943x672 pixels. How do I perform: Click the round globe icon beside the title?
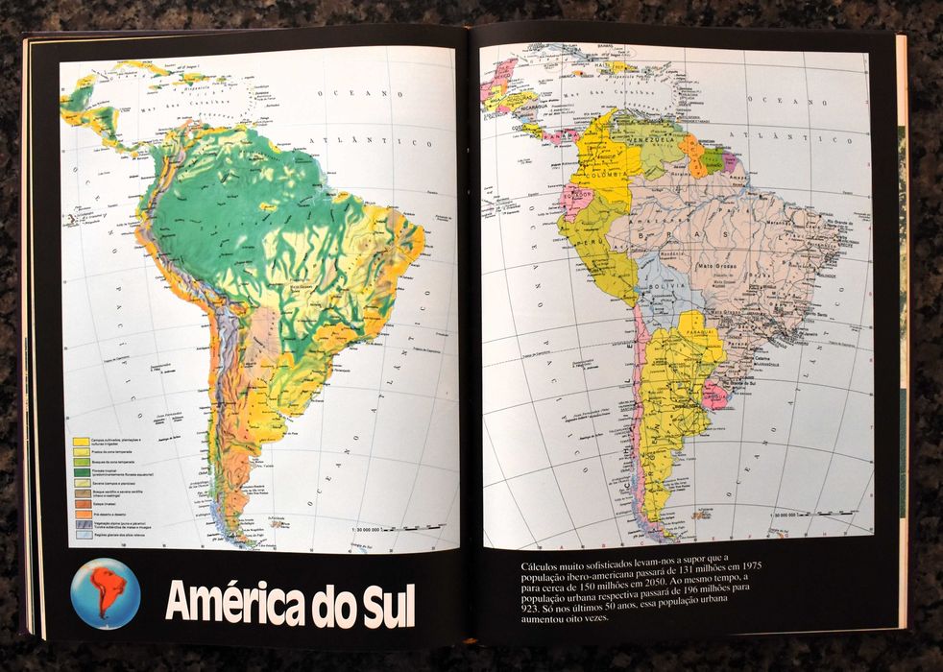pos(106,593)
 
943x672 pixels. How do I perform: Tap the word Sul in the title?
pos(381,602)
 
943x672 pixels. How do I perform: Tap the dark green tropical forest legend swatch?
pos(82,472)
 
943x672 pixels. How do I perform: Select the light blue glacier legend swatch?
pos(82,536)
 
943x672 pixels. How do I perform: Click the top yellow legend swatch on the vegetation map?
pos(82,442)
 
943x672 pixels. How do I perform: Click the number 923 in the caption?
pos(536,610)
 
